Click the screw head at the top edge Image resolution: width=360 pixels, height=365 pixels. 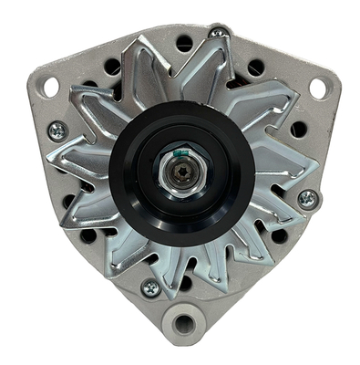tap(217, 33)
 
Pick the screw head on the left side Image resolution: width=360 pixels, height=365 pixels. tap(57, 132)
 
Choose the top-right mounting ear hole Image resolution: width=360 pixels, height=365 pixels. tap(317, 88)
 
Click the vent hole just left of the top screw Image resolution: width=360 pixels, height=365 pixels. tap(185, 42)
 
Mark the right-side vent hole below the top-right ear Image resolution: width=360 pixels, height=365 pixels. tap(298, 129)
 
